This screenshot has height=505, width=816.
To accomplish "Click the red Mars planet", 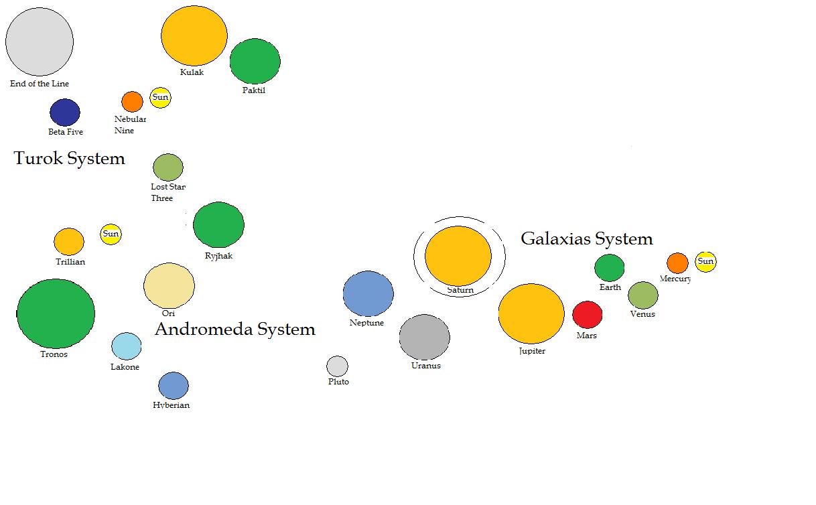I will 587,315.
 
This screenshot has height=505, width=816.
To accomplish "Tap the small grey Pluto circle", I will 337,366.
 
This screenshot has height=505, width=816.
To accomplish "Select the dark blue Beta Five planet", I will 65,113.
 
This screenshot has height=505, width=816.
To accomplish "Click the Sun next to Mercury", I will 705,261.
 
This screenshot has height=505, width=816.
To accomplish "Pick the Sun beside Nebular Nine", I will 160,98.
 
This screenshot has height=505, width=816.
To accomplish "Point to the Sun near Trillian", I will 111,234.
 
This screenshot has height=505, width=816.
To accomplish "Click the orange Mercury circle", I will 677,263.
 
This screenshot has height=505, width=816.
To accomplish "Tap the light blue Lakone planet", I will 126,346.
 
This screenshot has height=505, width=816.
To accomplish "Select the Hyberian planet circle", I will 173,386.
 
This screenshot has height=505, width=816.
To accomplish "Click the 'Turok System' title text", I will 69,159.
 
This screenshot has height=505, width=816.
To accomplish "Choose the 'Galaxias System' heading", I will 586,238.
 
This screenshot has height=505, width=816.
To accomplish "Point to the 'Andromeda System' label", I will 234,329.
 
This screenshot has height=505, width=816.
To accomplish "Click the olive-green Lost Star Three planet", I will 167,167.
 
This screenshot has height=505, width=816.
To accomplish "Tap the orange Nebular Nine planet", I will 132,102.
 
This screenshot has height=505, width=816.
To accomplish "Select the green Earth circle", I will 609,268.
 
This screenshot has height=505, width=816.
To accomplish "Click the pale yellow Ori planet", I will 169,285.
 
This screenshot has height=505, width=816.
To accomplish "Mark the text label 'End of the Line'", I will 40,84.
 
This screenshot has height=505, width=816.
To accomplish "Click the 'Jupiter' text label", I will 532,351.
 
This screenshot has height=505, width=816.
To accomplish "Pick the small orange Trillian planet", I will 68,242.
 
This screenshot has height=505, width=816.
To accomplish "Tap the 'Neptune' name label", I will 366,323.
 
